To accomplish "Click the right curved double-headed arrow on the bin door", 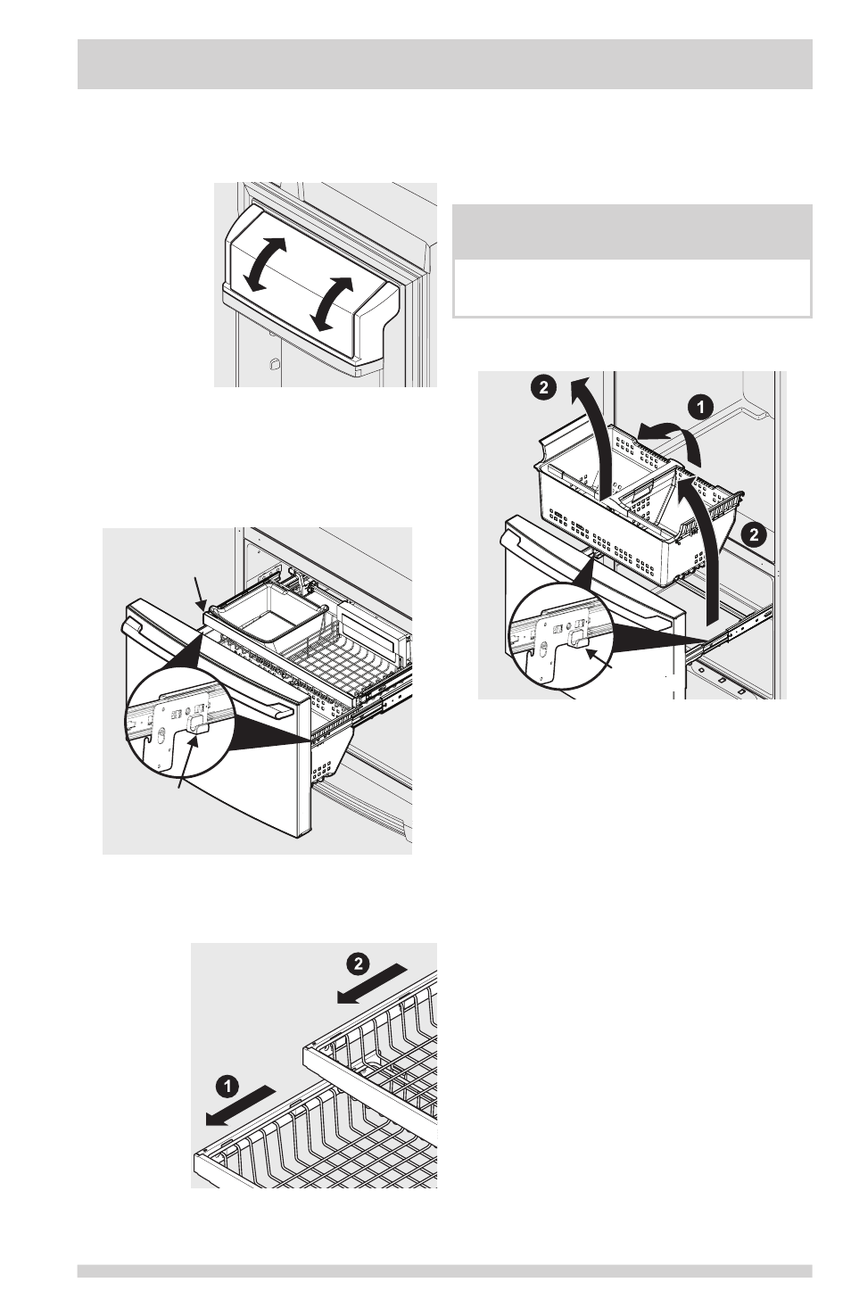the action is tap(332, 303).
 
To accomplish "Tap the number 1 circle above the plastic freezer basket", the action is tap(701, 407).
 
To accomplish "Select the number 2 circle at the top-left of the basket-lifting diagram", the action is tap(544, 388).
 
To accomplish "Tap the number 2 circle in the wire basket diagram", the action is tap(358, 964).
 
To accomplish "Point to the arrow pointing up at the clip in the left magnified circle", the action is tap(189, 761).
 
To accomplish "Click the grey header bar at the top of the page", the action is tap(445, 64).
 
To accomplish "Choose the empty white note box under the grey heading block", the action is tap(632, 288).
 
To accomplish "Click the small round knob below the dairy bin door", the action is tap(273, 363).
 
